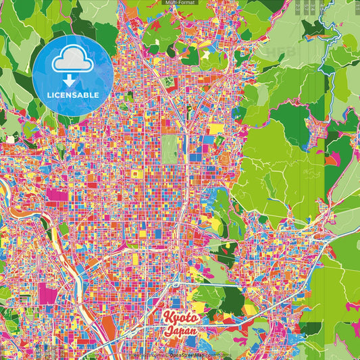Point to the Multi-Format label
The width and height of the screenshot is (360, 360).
[180, 3]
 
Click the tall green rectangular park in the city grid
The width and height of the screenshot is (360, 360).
[170, 149]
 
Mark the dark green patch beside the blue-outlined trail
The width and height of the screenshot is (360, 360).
[313, 28]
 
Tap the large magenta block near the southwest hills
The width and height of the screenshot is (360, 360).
[49, 294]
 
